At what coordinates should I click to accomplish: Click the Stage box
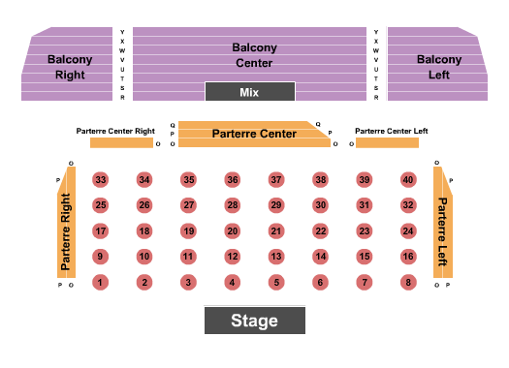pos(254,321)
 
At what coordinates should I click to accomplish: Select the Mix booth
pos(249,92)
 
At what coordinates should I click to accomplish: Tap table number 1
pos(99,283)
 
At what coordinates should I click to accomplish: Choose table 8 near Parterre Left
pos(408,283)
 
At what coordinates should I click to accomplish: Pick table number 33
pos(100,180)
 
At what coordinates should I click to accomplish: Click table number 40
pos(408,180)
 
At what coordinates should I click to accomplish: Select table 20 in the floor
pos(232,231)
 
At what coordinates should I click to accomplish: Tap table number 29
pos(276,205)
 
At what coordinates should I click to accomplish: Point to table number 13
pos(276,257)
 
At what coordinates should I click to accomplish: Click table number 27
pos(188,205)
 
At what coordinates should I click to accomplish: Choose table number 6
pos(320,283)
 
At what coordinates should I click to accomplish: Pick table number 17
pos(100,231)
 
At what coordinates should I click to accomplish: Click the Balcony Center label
pos(254,54)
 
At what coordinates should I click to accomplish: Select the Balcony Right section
pos(70,65)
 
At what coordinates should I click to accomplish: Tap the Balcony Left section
pos(439,65)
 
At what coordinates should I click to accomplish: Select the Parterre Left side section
pos(442,232)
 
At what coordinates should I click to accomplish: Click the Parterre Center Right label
pos(115,131)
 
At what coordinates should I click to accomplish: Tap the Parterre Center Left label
pos(392,131)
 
